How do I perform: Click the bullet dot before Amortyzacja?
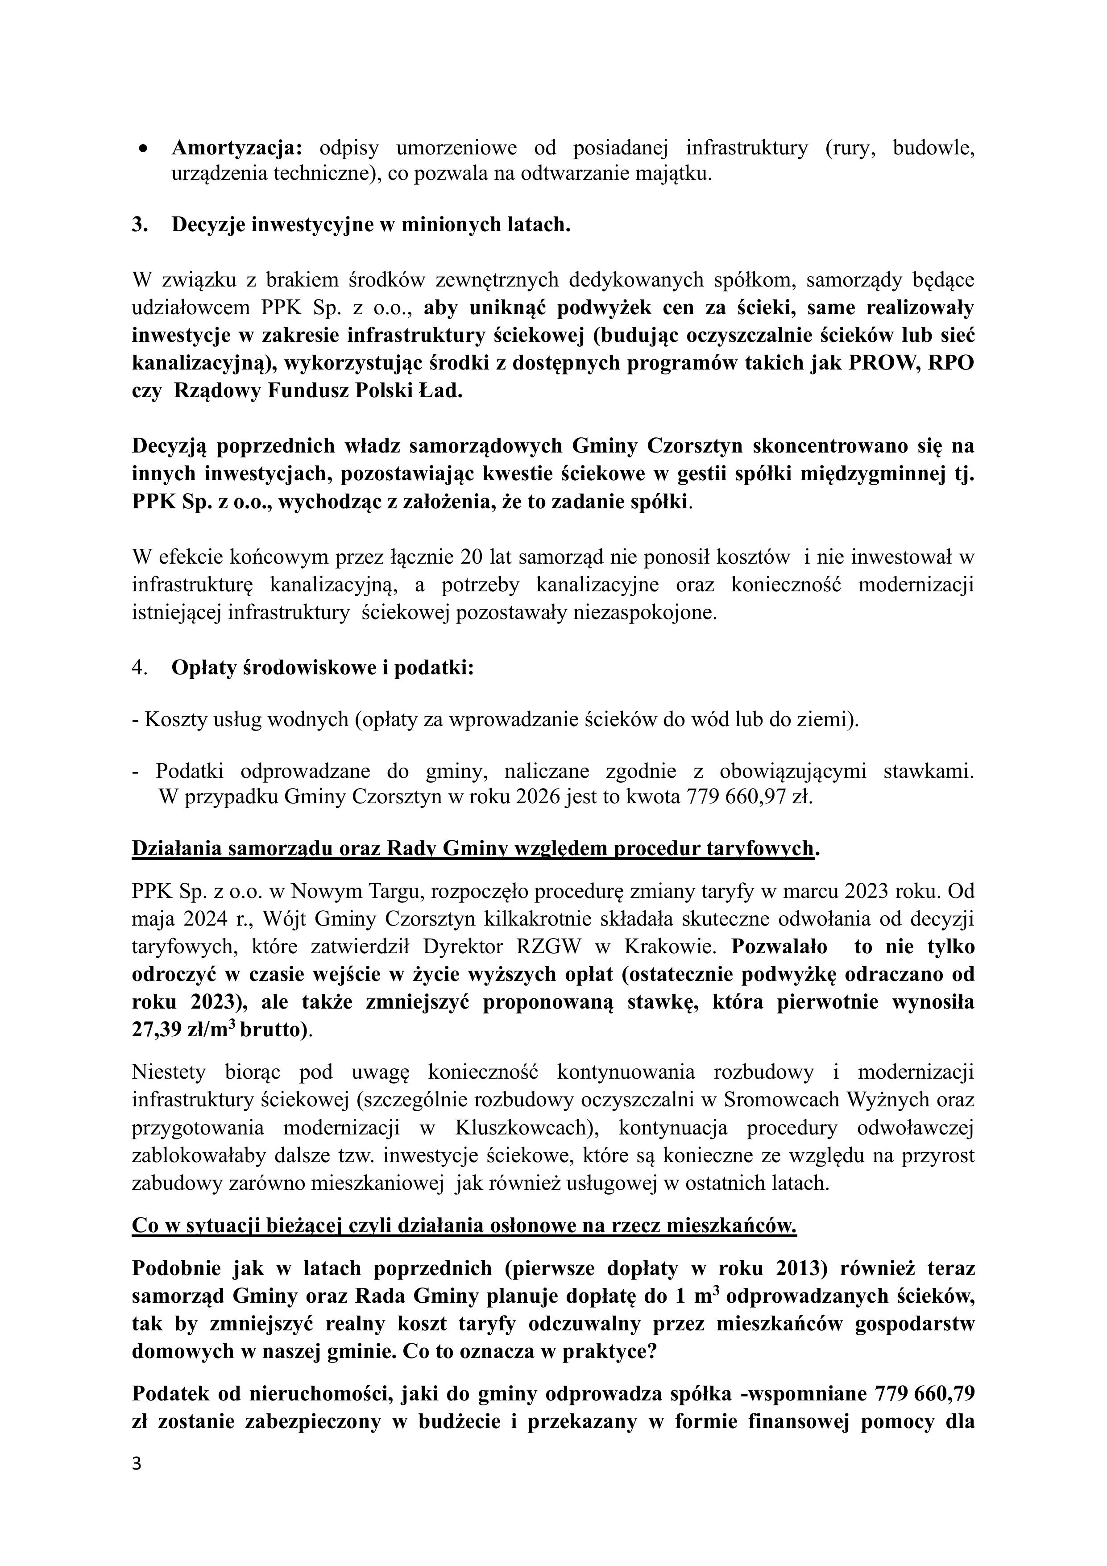click(143, 148)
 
